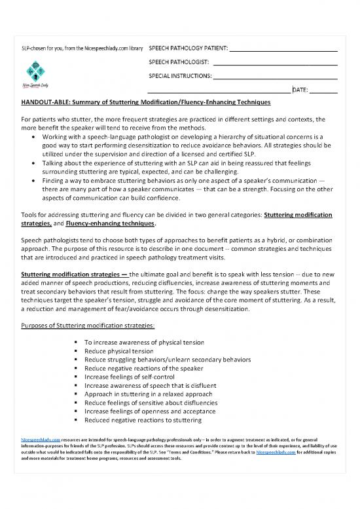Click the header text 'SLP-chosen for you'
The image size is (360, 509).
point(46,48)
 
